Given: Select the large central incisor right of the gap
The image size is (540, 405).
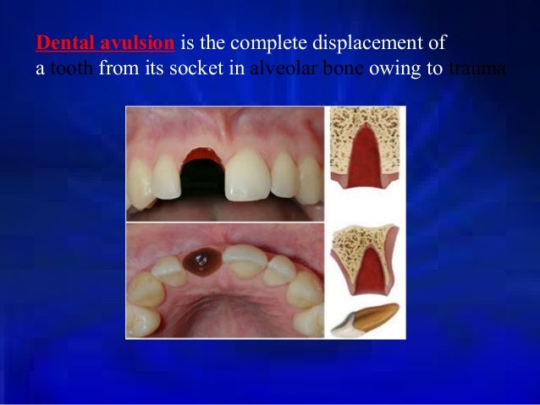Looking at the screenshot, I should click(x=247, y=175).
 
